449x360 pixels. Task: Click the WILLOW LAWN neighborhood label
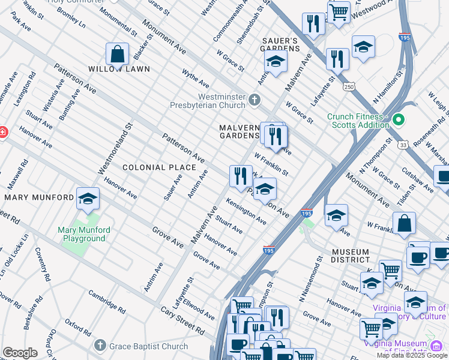[x=119, y=69]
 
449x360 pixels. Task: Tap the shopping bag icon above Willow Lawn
[x=118, y=53]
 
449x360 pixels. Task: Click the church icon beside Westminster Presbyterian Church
[x=255, y=100]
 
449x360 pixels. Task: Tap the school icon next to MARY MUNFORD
[x=88, y=199]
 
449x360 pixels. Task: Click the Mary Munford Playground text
[x=82, y=234]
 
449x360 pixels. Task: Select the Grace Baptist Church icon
[x=100, y=346]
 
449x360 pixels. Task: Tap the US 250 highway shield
[x=349, y=87]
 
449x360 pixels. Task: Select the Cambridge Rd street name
[x=106, y=302]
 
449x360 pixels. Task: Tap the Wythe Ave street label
[x=196, y=77]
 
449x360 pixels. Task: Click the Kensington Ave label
[x=246, y=212]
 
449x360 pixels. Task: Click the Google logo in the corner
[x=20, y=353]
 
